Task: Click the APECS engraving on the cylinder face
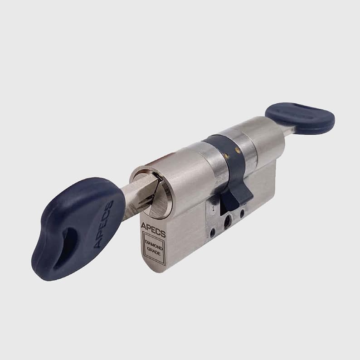tap(153, 229)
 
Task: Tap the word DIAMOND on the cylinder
tap(154, 245)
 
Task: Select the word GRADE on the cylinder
tap(154, 251)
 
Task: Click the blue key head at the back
tap(300, 118)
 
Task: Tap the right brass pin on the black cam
tap(238, 151)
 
